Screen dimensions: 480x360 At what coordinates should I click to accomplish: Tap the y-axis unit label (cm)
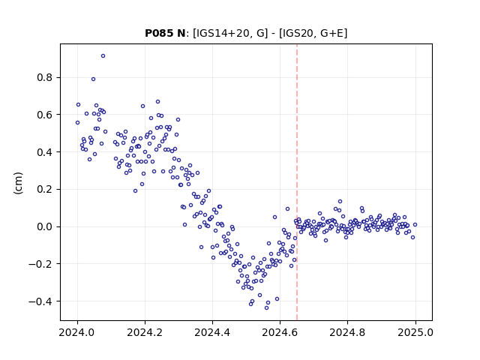tap(18, 183)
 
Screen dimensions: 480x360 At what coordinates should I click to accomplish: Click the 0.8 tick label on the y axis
tap(45, 77)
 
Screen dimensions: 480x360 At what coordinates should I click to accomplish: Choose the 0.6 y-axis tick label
tap(45, 115)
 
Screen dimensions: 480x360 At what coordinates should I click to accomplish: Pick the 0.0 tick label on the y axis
tap(45, 226)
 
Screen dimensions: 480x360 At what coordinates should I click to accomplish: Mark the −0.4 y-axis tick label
tap(41, 301)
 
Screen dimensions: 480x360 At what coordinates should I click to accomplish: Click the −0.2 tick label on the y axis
tap(41, 264)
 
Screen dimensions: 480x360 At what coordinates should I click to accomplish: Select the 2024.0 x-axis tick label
tap(77, 332)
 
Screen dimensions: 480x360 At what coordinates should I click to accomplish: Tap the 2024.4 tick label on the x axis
tap(212, 332)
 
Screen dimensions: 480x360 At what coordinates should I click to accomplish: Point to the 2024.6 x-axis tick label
tap(280, 332)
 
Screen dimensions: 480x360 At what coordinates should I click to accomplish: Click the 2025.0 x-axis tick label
tap(415, 332)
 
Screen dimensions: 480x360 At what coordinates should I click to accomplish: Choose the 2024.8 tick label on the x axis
tap(347, 332)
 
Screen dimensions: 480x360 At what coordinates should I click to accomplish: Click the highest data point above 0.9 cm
tap(103, 56)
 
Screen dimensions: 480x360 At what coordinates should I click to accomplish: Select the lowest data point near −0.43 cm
tap(267, 307)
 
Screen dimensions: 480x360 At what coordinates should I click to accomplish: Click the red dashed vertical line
tap(297, 182)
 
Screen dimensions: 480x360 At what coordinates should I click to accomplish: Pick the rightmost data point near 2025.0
tap(415, 225)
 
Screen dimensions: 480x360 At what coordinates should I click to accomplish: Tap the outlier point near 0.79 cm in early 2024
tap(93, 79)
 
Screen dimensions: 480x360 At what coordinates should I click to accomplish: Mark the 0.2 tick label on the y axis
tap(45, 189)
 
